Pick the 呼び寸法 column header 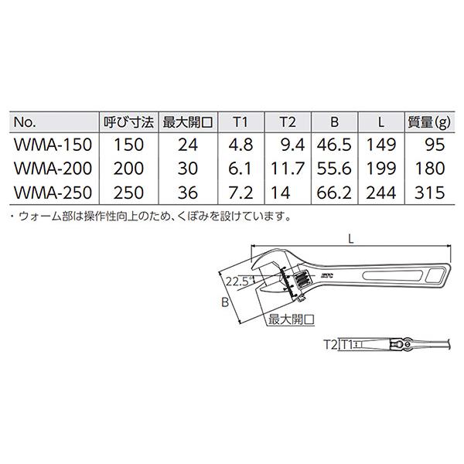coord(126,122)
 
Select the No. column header coord(25,122)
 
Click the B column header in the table coord(334,122)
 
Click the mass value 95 coord(435,144)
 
